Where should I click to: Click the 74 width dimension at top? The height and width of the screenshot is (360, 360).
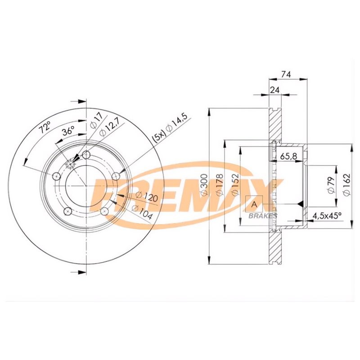pos(285,75)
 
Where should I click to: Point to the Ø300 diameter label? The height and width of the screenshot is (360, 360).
pos(203,185)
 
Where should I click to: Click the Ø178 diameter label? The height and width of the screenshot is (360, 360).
pos(219,185)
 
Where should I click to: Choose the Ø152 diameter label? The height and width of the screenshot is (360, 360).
pos(234,185)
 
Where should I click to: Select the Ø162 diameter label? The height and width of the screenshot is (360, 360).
pos(346,185)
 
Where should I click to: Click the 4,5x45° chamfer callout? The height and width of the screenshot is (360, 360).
pos(327,216)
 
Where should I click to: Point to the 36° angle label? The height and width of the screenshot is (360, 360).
pos(67,132)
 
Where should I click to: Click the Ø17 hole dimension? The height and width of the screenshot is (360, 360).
pos(94,121)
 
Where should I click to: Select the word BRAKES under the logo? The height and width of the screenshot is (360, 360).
pos(257,216)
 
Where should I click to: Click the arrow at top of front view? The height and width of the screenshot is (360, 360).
pos(80,101)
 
